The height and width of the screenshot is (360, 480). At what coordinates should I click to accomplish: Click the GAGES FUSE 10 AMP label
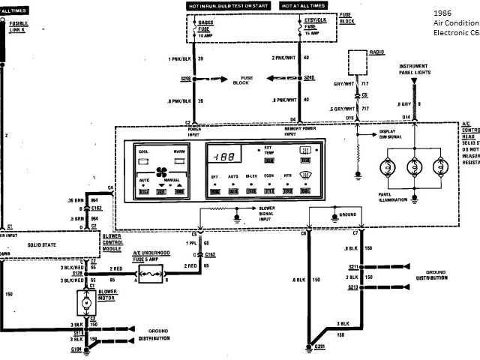[x=204, y=28]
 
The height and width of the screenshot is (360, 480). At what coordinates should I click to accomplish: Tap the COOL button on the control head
[x=144, y=153]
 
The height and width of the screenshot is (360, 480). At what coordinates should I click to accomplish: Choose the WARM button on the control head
[x=179, y=153]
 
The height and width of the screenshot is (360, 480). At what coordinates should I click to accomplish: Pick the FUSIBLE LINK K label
[x=18, y=27]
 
